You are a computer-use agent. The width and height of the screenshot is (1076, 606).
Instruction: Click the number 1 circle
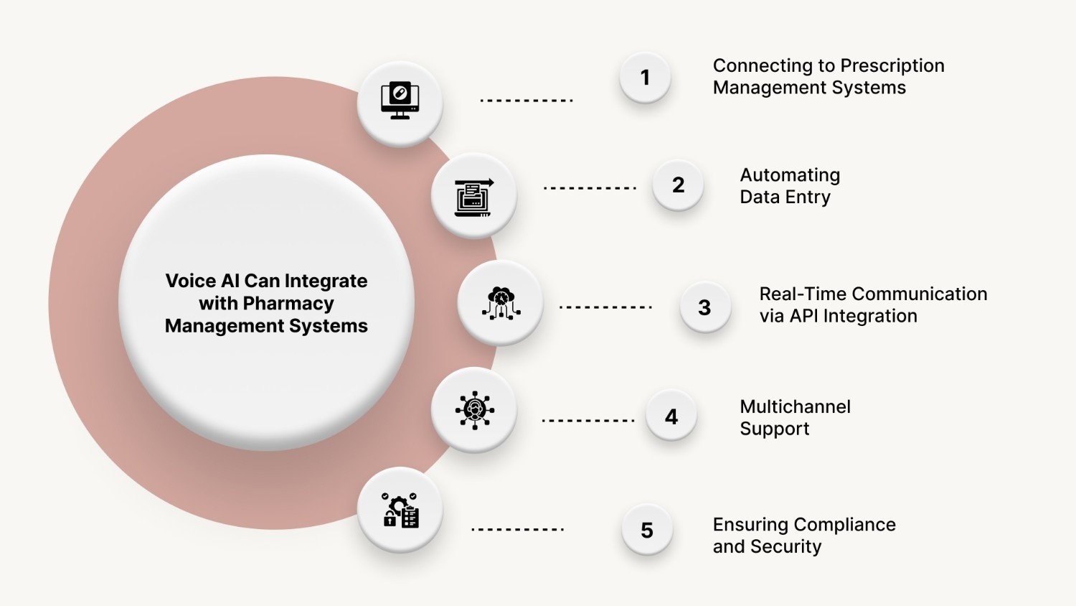(x=645, y=78)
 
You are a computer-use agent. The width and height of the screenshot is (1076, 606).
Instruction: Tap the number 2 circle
(x=678, y=185)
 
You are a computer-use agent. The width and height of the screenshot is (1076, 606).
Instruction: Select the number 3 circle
(x=704, y=307)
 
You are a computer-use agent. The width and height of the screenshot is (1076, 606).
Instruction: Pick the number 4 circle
(x=671, y=416)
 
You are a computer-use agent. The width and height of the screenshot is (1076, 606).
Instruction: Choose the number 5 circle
(x=647, y=531)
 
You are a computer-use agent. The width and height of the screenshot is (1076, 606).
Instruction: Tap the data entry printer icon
(x=473, y=196)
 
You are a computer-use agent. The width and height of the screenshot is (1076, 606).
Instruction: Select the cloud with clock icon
(x=501, y=302)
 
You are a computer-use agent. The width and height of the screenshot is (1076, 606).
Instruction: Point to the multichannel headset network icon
(x=474, y=410)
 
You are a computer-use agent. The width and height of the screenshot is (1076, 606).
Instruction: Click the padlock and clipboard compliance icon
(x=400, y=511)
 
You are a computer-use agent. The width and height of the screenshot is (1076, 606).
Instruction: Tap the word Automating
(x=790, y=175)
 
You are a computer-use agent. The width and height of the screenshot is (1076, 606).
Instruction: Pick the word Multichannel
(x=795, y=407)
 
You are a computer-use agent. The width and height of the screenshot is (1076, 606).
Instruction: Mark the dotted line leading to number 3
(x=605, y=307)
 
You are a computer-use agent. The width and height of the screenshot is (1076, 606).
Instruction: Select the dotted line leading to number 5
(x=517, y=530)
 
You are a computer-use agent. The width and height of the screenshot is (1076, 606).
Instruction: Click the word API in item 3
(x=803, y=316)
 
